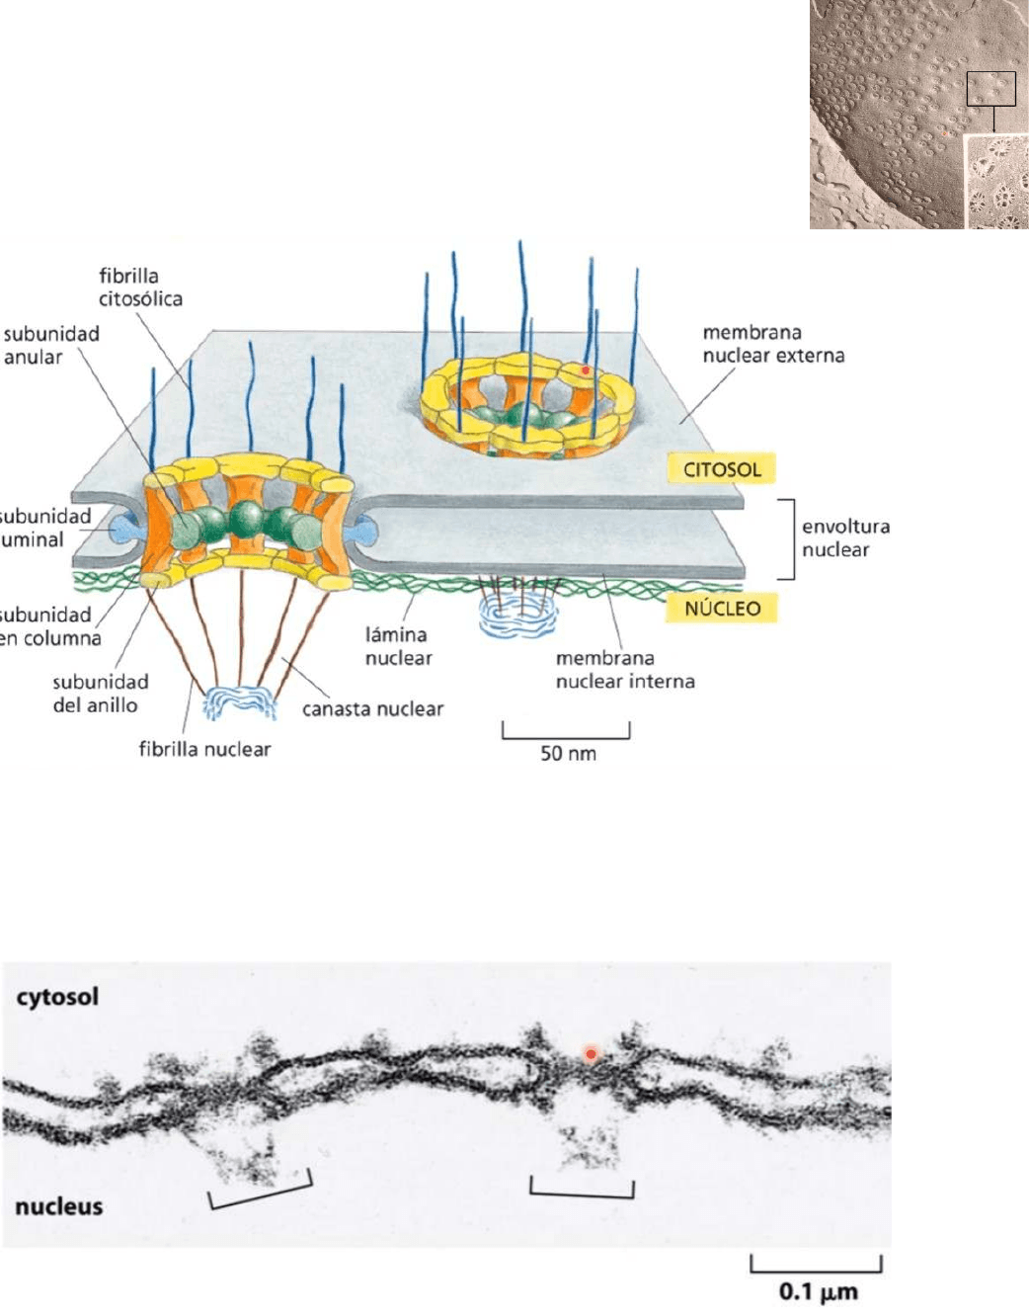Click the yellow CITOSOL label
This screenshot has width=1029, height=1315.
coord(722,468)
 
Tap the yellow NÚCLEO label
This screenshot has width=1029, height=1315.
coord(722,608)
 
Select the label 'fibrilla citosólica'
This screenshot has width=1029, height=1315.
coord(140,287)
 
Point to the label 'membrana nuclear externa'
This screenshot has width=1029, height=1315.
coord(773,344)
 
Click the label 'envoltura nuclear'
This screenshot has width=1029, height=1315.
coord(845,537)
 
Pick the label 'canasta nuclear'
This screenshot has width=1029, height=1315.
coord(372,708)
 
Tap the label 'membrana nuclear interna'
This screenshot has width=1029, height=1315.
coord(625,669)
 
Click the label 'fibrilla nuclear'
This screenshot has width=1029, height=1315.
coord(204,749)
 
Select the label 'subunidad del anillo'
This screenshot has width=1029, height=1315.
coord(100,693)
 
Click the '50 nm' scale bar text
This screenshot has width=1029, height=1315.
coord(568,754)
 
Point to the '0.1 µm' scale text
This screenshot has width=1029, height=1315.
coord(818,1291)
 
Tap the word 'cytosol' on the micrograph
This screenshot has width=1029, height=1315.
coord(57,997)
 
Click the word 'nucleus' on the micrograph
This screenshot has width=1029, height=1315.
coord(59,1206)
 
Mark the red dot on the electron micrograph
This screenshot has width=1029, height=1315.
coord(591,1054)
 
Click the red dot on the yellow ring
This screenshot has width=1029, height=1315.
coord(586,370)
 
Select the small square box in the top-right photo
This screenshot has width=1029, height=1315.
coord(990,89)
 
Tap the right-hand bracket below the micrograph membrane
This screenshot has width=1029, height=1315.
coord(582,1190)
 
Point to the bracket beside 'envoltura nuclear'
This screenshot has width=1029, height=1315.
coord(787,538)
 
